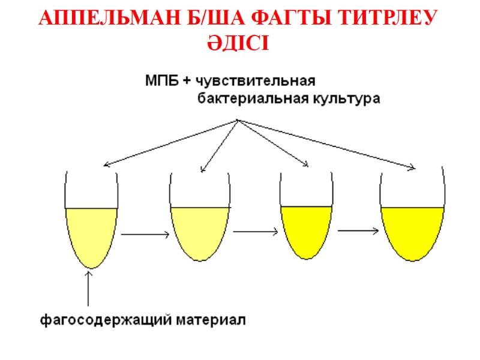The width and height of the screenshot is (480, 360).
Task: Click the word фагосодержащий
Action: [x=105, y=319]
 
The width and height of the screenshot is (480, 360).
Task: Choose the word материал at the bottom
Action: [x=211, y=319]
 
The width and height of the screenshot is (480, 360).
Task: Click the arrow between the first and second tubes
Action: [x=145, y=235]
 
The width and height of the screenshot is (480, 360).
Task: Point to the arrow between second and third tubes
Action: [x=256, y=231]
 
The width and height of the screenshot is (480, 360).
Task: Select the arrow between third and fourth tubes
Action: [x=359, y=230]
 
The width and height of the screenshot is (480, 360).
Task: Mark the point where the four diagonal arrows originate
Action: [x=238, y=120]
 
